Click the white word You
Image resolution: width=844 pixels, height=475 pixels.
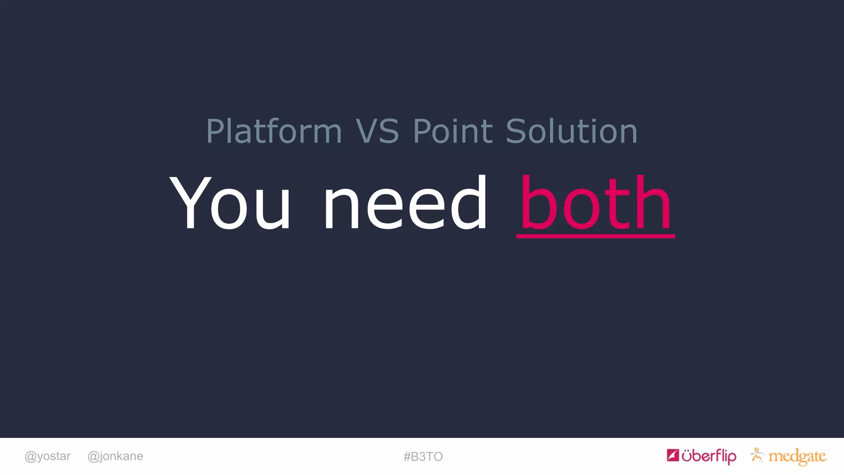(x=230, y=203)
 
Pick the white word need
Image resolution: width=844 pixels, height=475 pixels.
(x=406, y=203)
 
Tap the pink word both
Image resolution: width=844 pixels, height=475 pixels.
(x=595, y=203)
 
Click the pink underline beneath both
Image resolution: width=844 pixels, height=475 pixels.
(x=595, y=236)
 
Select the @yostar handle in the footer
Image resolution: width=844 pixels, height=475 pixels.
(x=48, y=456)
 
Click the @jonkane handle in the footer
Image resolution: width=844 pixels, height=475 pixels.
(x=115, y=456)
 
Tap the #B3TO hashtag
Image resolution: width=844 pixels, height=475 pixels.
(x=423, y=456)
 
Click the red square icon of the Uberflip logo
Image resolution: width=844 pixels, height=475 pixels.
(x=673, y=455)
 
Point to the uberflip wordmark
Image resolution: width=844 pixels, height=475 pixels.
(x=709, y=456)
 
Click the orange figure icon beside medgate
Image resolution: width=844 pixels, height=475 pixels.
(x=757, y=455)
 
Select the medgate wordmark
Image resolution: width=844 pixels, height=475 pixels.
(x=797, y=456)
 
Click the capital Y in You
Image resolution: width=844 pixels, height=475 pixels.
(x=190, y=203)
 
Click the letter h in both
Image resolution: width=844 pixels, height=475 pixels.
(x=653, y=203)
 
